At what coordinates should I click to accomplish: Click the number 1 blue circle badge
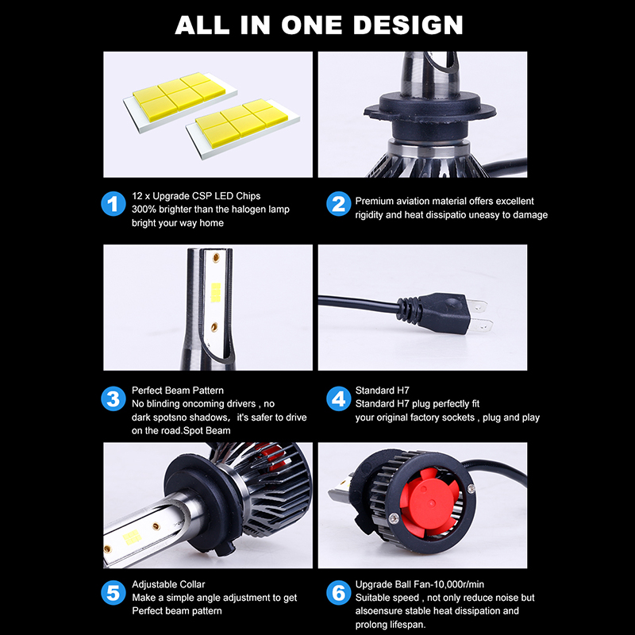pyautogui.click(x=114, y=203)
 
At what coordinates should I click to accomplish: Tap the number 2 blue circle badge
pyautogui.click(x=338, y=203)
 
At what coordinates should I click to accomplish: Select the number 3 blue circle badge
pyautogui.click(x=114, y=398)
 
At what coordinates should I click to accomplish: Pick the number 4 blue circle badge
pyautogui.click(x=338, y=398)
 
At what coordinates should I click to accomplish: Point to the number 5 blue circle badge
pyautogui.click(x=114, y=592)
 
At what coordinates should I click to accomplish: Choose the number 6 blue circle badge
pyautogui.click(x=338, y=592)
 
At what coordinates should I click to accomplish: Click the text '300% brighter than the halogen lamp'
pyautogui.click(x=210, y=209)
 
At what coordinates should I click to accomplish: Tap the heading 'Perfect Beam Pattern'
pyautogui.click(x=178, y=391)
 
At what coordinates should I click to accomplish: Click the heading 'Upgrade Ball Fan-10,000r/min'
pyautogui.click(x=420, y=583)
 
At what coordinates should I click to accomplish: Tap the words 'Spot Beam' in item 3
pyautogui.click(x=206, y=430)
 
